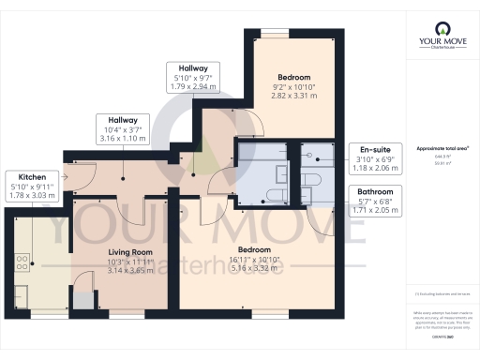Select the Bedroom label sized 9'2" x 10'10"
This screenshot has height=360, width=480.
click(294, 78)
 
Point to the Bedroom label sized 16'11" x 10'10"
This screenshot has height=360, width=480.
click(254, 249)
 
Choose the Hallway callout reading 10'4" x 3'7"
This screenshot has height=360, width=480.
click(122, 120)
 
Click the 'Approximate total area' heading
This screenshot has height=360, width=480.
click(442, 148)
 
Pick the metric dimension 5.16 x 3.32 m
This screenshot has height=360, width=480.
click(254, 267)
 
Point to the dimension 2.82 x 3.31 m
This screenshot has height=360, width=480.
click(294, 96)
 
